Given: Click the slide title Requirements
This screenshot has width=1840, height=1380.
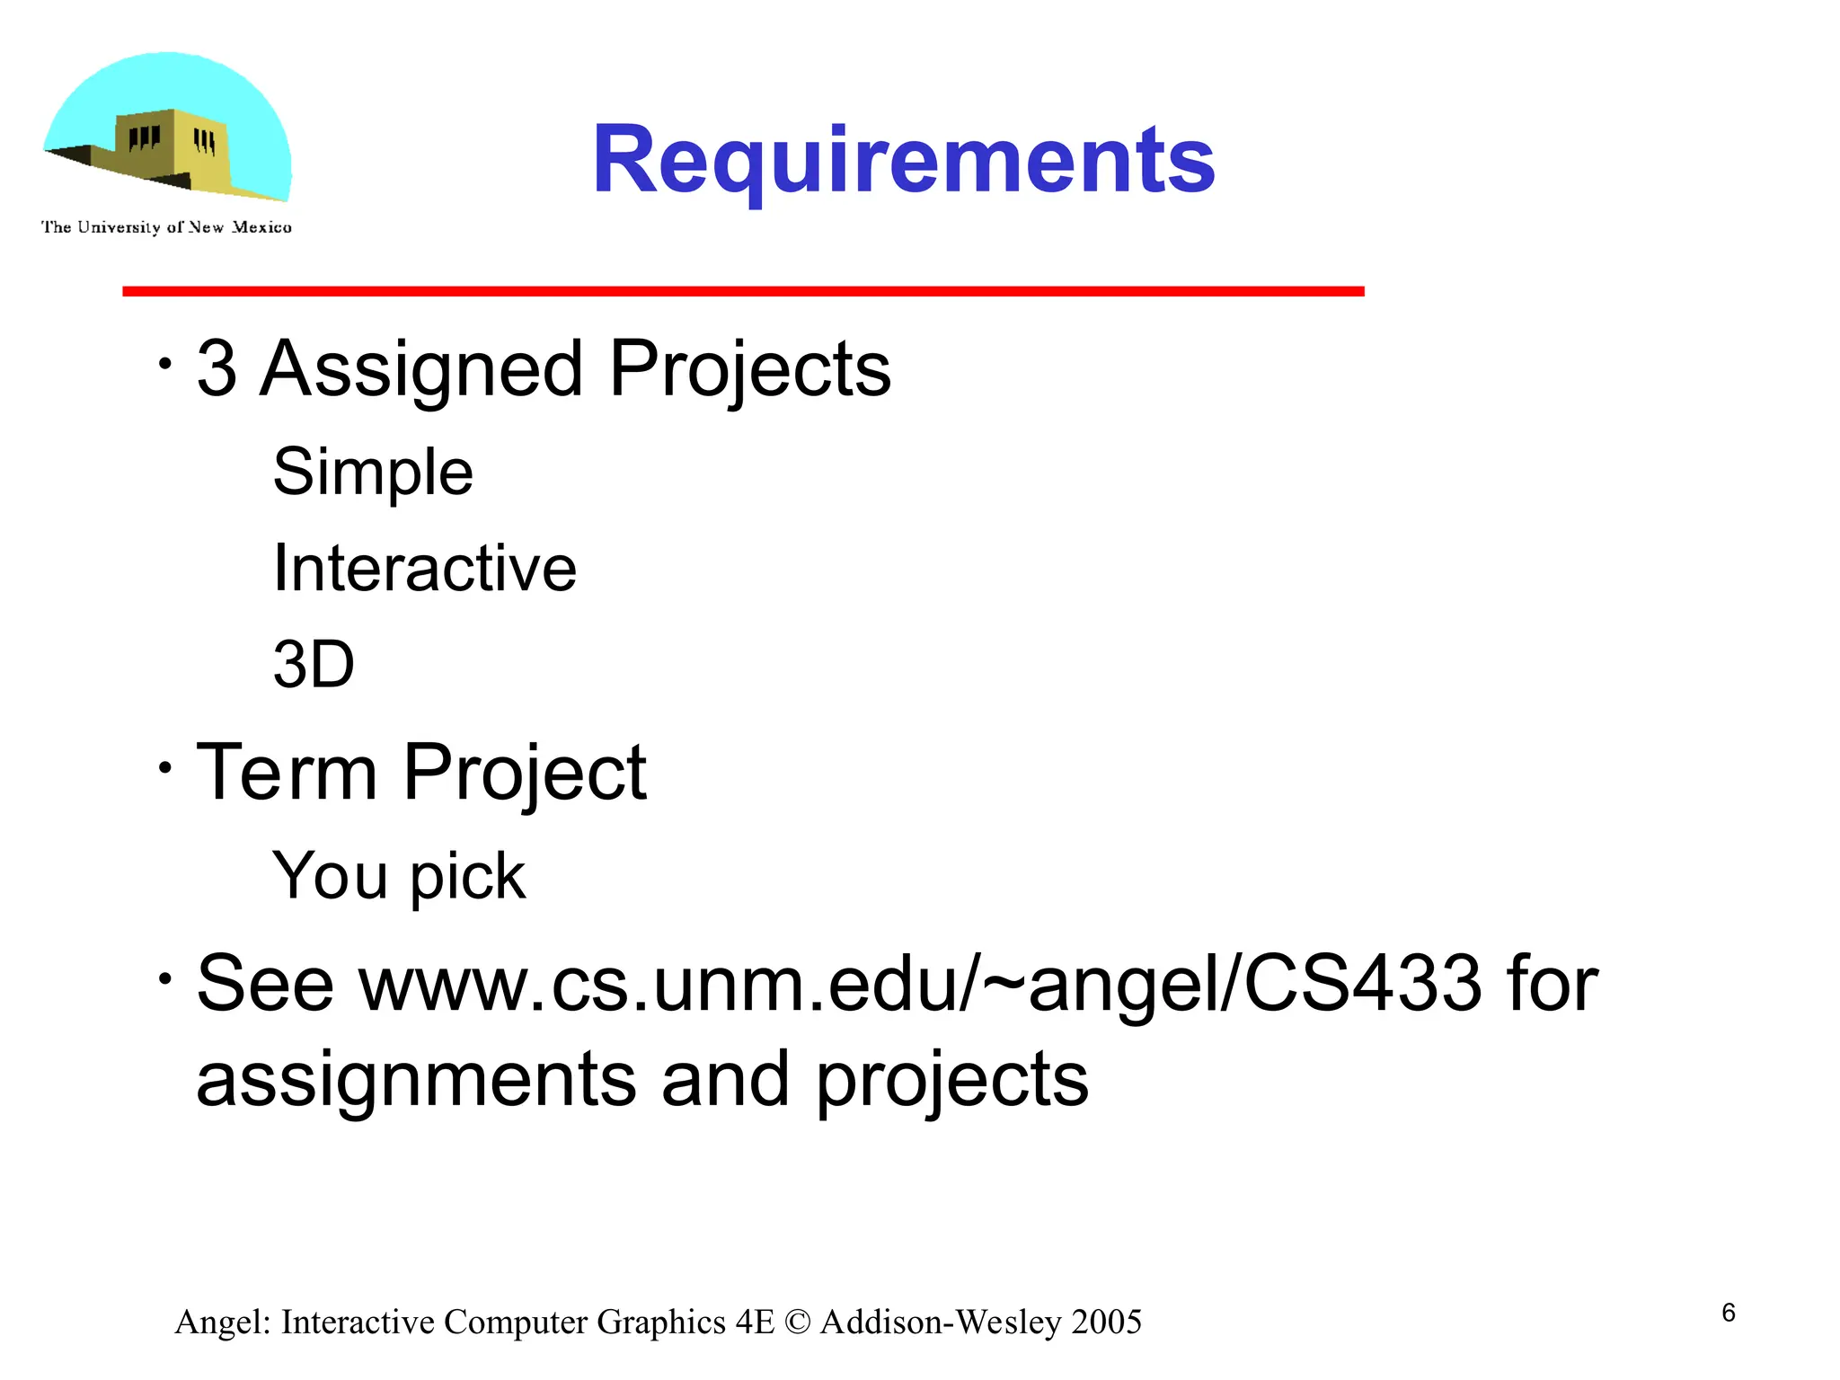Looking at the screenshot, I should (x=903, y=160).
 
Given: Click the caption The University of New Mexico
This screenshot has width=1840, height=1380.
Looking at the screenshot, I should (x=166, y=227).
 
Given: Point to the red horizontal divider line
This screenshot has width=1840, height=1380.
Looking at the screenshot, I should (x=743, y=291).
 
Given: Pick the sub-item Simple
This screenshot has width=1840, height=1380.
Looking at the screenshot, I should (x=373, y=472).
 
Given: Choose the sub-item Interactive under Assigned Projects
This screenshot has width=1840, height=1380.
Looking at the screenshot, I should (x=425, y=568).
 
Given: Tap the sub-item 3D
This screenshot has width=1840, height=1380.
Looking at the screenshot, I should (x=314, y=665).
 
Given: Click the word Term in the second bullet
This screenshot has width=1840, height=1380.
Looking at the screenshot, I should (x=287, y=772).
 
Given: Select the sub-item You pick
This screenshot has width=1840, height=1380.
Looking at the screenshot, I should (x=398, y=876).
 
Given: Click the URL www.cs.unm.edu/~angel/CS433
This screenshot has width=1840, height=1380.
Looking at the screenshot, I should (x=920, y=984).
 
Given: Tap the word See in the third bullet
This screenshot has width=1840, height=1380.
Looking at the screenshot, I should (x=265, y=984).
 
